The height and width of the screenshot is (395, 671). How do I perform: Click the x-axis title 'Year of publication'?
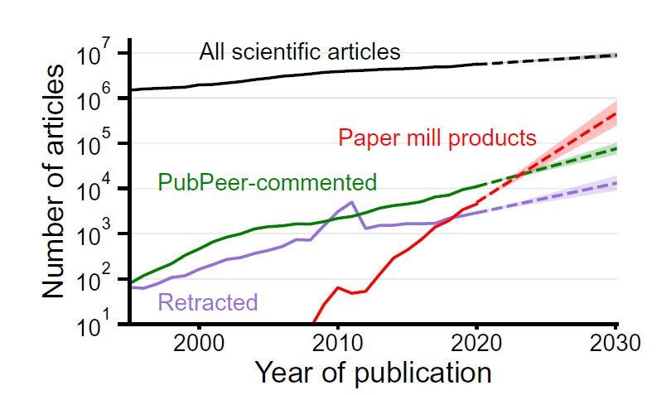point(373,372)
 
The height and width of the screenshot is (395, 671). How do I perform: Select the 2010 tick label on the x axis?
point(338,341)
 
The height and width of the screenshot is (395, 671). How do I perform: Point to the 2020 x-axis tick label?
point(477,341)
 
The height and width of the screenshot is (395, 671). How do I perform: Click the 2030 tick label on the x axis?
point(615,341)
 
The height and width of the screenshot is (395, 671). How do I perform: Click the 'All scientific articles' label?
point(300,53)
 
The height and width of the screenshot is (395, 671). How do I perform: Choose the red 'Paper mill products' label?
point(437,137)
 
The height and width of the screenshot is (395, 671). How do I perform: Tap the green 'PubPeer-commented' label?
point(267,183)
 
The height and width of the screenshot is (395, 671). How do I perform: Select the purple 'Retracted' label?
point(207,303)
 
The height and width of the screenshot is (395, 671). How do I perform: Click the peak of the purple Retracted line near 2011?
point(352,202)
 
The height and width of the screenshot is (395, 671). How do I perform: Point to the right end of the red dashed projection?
point(616,113)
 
